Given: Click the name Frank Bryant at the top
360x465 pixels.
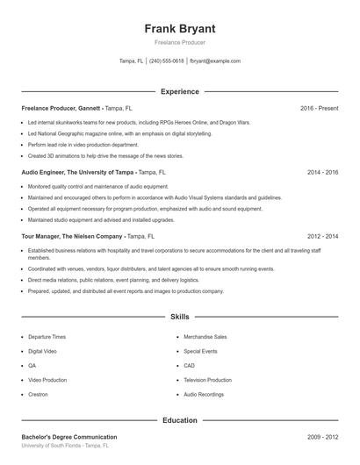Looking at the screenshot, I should pos(180,28).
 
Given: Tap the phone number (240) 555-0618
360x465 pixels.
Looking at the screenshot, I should pos(167,61).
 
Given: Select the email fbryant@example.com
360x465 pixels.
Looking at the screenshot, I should pos(215,61).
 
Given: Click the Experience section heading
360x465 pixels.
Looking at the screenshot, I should pos(180,91).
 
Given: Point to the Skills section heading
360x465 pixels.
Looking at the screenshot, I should pos(180,316).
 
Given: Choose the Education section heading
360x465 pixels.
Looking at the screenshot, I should pos(180,420).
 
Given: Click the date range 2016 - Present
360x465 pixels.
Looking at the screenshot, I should pos(319,108).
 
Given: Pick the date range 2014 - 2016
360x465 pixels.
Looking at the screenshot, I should pos(322,173).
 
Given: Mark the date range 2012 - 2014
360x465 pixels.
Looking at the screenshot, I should pos(322,237).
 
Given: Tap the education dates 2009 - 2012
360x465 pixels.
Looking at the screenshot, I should pos(322,436).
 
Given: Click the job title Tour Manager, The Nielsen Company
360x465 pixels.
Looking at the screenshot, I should pos(72,237).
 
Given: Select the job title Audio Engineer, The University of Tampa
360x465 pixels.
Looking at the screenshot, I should pos(78,173).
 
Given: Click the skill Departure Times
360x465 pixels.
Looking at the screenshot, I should pos(47,337).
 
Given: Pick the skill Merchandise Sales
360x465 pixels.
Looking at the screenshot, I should pos(205,337).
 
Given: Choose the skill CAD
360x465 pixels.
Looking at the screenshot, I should pos(190,366).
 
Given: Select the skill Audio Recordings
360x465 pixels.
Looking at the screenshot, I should pos(205,395).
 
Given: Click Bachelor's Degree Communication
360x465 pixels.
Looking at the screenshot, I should pos(69,436).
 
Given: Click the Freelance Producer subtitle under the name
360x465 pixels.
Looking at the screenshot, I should pos(180,43).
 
